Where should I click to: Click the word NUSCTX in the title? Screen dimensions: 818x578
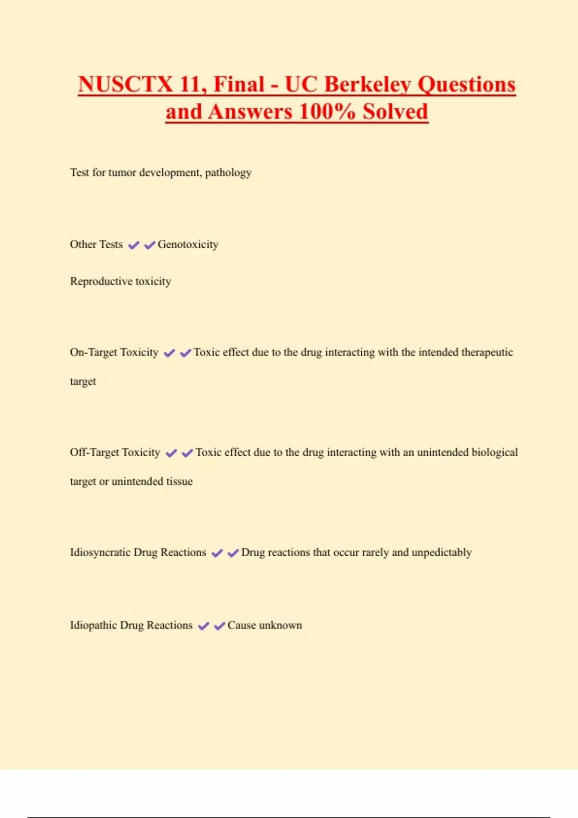[x=125, y=85]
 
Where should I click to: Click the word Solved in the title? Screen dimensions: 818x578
[x=395, y=112]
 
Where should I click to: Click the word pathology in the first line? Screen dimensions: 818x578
[x=228, y=173]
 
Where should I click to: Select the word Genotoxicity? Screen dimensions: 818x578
[x=188, y=244]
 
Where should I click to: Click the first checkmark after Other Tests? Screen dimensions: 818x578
[x=133, y=245]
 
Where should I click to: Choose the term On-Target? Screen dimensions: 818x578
[x=93, y=353]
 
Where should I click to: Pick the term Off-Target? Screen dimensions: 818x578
[x=94, y=453]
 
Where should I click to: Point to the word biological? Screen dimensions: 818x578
[x=495, y=453]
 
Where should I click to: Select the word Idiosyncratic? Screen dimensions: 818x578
[x=100, y=552]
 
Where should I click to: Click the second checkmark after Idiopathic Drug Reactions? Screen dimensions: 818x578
[x=220, y=626]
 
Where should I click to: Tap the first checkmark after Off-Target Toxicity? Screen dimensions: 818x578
[x=171, y=453]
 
